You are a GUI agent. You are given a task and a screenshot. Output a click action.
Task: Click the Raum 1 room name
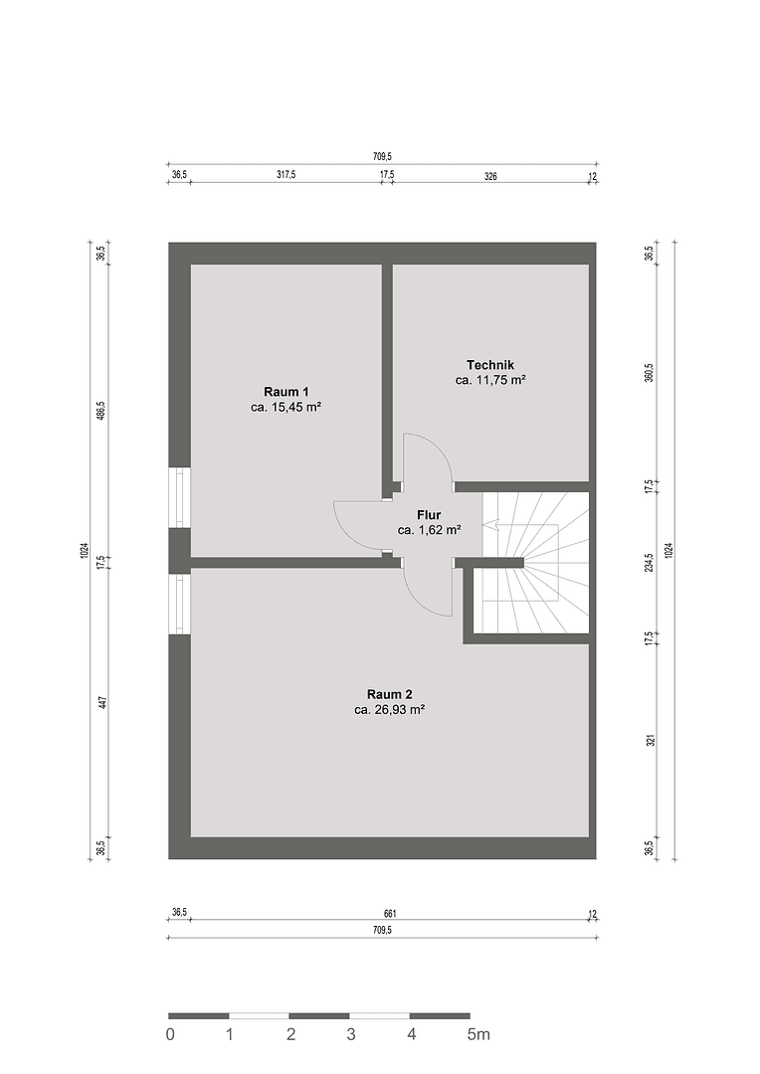285,391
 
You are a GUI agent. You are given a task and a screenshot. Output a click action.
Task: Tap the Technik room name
490,365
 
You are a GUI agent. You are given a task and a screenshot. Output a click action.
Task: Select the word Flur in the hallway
429,515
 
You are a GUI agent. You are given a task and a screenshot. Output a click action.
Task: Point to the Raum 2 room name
389,694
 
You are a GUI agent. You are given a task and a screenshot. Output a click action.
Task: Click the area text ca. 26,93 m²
389,710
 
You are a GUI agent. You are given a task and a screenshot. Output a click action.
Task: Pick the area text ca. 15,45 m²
285,407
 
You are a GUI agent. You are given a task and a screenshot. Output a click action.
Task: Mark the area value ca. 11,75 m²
490,380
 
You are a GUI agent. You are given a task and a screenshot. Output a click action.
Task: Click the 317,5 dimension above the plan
285,175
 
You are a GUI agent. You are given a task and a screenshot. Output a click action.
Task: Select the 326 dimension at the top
489,175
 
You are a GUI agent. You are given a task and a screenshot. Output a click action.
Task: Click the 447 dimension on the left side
101,703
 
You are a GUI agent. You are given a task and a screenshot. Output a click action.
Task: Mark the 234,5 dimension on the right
649,562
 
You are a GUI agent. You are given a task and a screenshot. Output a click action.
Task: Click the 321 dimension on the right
649,741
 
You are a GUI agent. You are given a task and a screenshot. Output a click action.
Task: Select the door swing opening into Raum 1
358,527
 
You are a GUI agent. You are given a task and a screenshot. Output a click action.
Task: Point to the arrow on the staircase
490,524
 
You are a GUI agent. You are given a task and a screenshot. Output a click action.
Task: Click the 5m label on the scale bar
479,1034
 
